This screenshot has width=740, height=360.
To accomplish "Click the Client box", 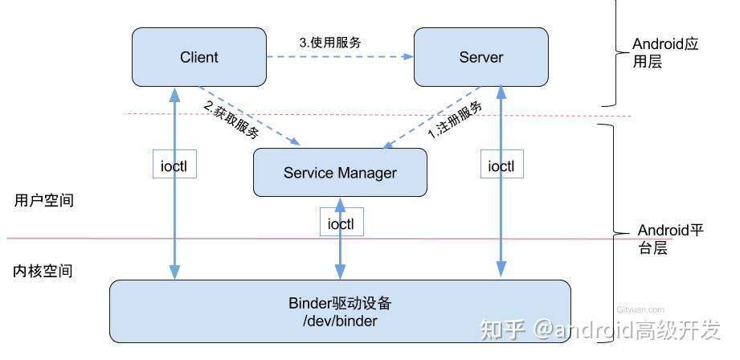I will click(x=199, y=57).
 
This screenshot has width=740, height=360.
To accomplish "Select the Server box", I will click(x=480, y=57).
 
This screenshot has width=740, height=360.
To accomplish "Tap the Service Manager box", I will click(x=340, y=173).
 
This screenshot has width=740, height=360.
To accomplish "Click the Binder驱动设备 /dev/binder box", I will click(x=340, y=311).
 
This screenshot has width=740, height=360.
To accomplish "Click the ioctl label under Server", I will click(x=501, y=166).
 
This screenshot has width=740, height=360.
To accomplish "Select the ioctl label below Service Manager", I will click(x=341, y=223).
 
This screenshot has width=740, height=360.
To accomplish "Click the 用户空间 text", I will click(x=43, y=201).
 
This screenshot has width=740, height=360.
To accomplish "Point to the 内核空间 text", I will click(x=43, y=271).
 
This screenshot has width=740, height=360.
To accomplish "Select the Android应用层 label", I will click(x=665, y=53).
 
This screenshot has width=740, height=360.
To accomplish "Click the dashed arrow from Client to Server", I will click(x=340, y=57).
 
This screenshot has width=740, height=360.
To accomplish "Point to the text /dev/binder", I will click(x=340, y=321).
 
